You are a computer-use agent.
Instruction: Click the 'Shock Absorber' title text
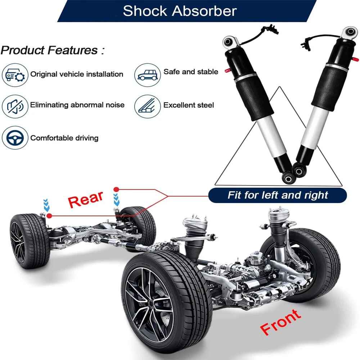click(180, 11)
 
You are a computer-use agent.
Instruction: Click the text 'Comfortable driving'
click(64, 138)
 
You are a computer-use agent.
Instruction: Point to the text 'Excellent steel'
click(189, 105)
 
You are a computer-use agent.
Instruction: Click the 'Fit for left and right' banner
click(278, 195)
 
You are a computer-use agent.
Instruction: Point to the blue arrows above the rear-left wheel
click(46, 205)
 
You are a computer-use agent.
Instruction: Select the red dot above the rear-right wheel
click(116, 189)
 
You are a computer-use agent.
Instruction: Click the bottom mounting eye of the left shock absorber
click(287, 177)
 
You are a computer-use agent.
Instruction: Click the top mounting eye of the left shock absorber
click(228, 42)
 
